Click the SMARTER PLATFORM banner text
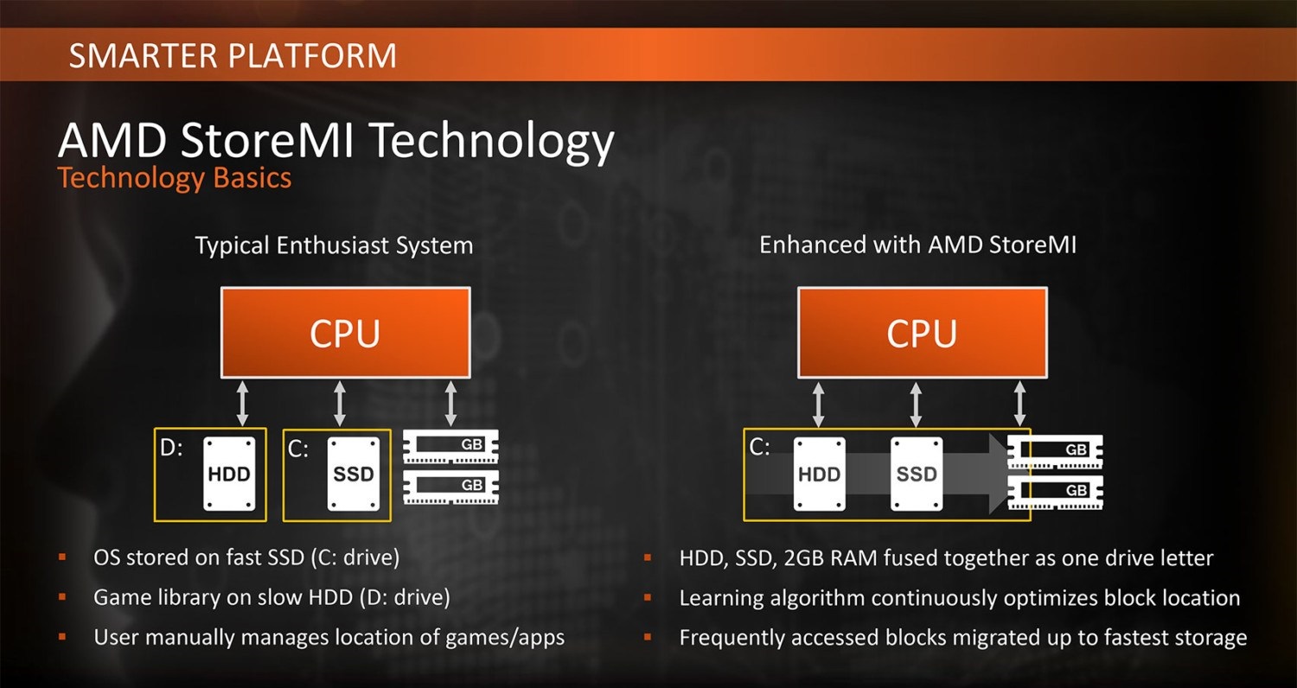233,55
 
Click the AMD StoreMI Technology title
335,141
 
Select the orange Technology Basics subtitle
175,178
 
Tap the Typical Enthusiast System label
334,245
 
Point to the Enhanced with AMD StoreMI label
917,245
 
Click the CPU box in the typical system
346,333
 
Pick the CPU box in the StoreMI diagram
923,333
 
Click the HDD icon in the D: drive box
229,474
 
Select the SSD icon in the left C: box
354,474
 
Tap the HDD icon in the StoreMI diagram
820,474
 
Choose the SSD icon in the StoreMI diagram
917,474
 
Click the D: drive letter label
171,448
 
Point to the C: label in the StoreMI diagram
760,448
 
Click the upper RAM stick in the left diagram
450,446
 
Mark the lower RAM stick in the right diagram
1055,492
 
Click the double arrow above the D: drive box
243,404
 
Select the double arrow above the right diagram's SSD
916,404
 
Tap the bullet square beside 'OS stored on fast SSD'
62,557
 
